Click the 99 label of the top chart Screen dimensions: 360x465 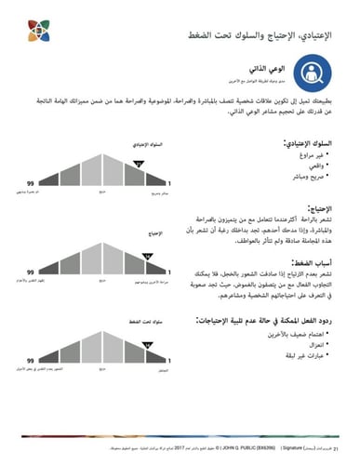(31, 182)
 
